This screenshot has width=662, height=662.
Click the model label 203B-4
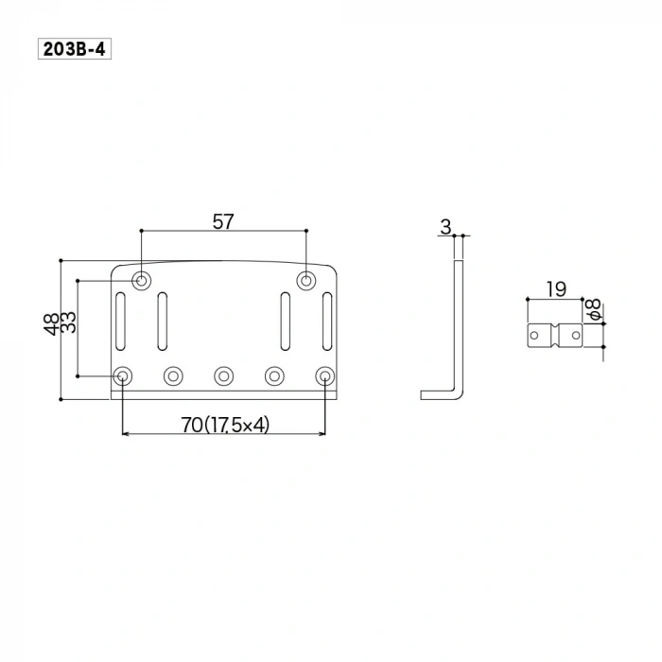pos(75,48)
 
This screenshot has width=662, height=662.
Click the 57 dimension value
pos(223,221)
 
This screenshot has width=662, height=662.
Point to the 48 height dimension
pos(50,324)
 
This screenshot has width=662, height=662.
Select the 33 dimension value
pos(68,324)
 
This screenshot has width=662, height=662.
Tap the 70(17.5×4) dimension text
pos(225,426)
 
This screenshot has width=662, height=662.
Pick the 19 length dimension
pos(556,289)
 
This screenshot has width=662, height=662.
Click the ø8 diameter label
pos(593,308)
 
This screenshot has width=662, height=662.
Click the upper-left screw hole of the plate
pos(142,280)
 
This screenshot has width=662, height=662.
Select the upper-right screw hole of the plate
pos(306,280)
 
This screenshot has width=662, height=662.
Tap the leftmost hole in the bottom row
pos(123,376)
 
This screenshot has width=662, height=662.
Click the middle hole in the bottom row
pos(224,376)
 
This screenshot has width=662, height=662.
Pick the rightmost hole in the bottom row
pos(325,376)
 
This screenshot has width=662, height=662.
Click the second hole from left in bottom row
pos(173,376)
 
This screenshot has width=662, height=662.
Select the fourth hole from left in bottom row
pos(274,376)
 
